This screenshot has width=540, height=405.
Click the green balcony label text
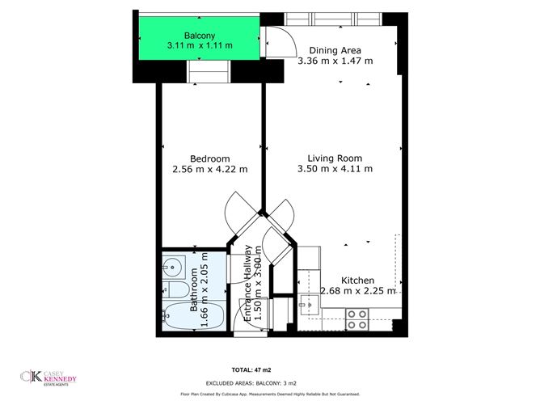pos(199,36)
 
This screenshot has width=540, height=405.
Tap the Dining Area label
pos(335,49)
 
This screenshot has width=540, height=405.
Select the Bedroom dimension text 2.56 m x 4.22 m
pos(210,169)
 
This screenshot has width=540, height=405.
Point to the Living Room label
pos(334,158)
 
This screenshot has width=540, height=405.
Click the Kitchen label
pos(357,279)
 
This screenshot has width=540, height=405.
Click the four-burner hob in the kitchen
pos(356,319)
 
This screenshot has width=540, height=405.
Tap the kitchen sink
pos(310,306)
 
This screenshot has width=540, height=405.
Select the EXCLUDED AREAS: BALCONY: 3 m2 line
pos(271,381)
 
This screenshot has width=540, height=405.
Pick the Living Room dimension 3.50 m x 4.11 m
pos(334,169)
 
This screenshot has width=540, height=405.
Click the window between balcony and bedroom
pos(209,75)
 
